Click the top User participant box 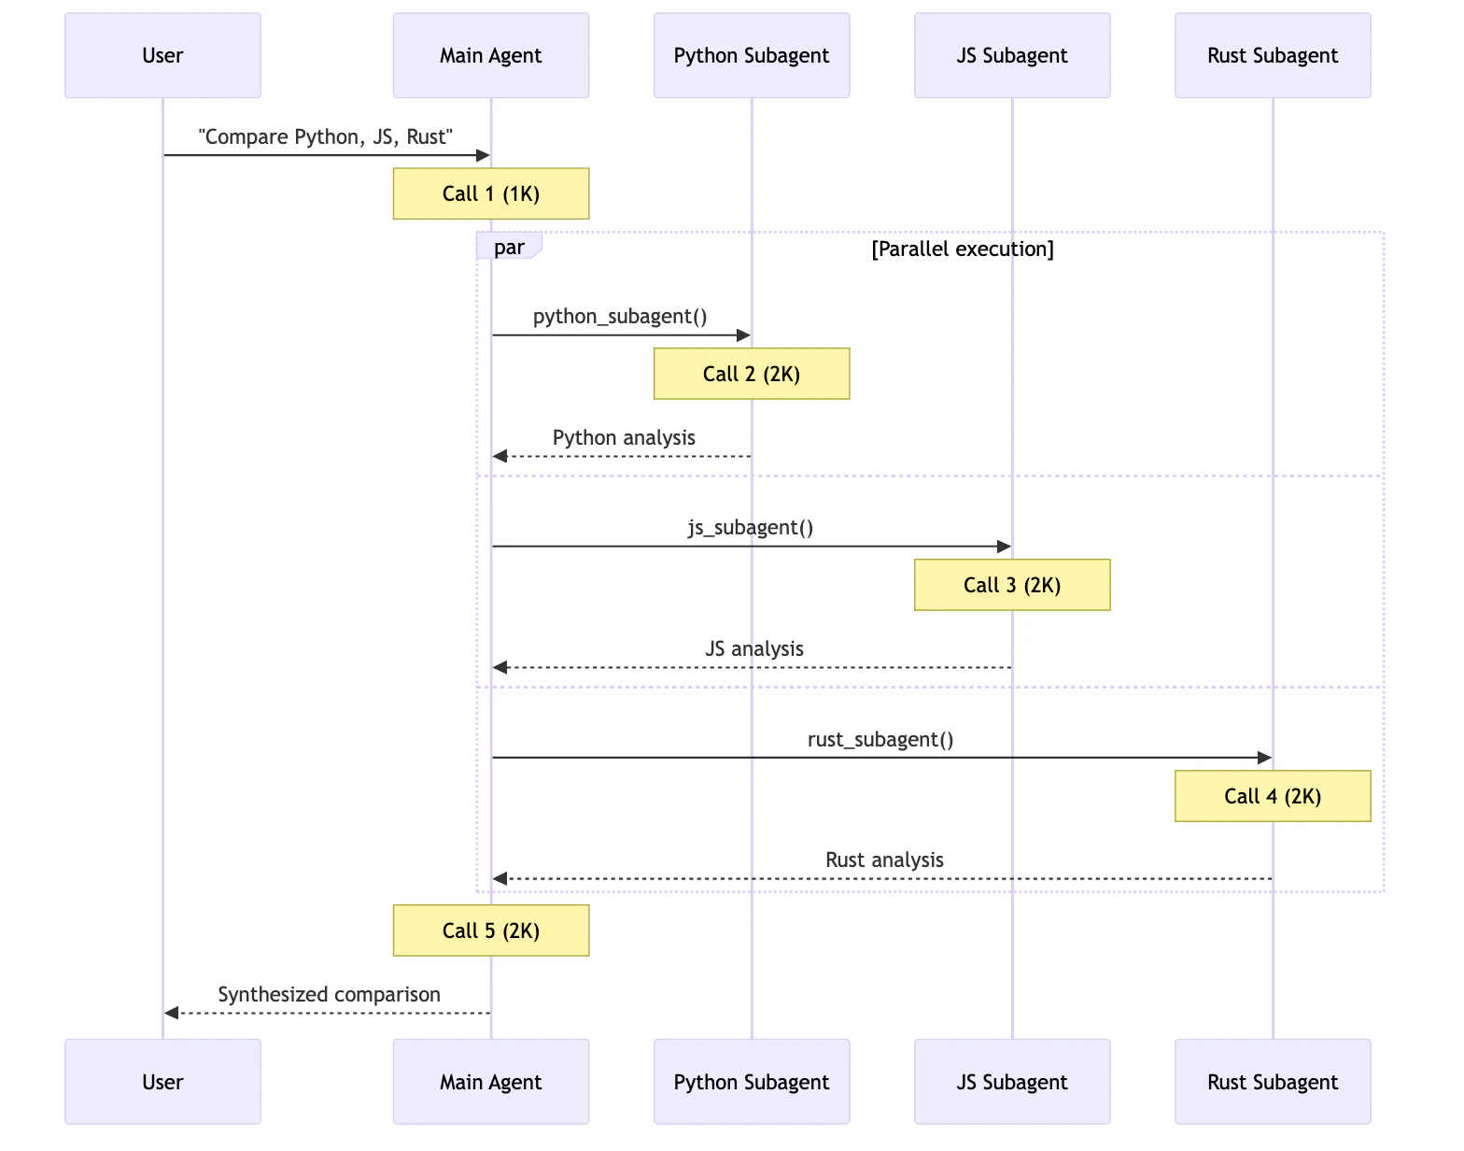[162, 55]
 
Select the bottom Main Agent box [490, 1082]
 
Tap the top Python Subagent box [751, 55]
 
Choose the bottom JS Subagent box [1011, 1082]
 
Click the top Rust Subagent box [1272, 55]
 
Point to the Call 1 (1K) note [490, 193]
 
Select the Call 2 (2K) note [751, 374]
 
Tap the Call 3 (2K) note [1011, 585]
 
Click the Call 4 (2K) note [1272, 796]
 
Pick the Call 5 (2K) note [490, 931]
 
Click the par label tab [509, 248]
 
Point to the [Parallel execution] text [962, 249]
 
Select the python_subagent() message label [620, 316]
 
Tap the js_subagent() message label [751, 527]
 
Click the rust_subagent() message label [880, 739]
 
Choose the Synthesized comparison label [329, 994]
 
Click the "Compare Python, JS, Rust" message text [325, 136]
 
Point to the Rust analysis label [884, 860]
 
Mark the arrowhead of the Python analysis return [500, 456]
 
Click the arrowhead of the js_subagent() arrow [1005, 547]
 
